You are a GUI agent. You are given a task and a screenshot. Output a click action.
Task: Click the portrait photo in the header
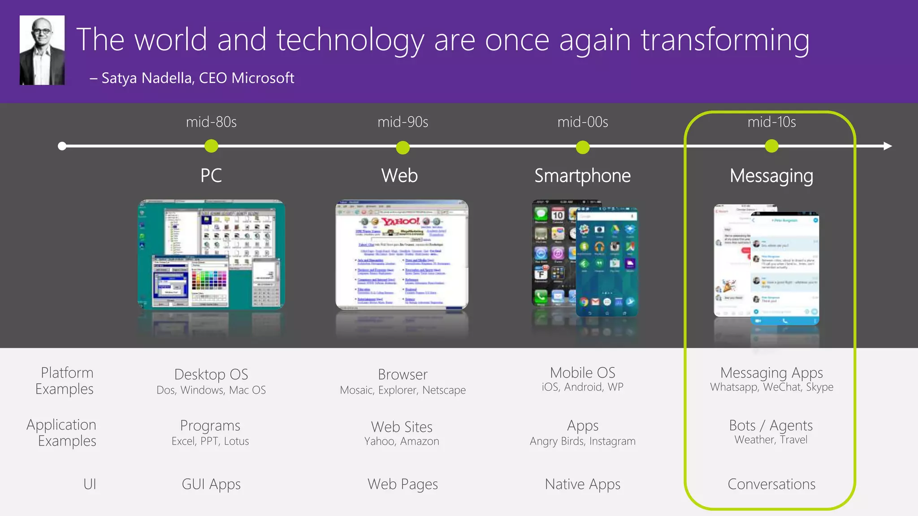coord(42,50)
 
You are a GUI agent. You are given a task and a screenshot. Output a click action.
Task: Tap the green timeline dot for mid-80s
coord(211,146)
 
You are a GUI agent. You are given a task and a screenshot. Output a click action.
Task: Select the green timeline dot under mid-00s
coord(583,147)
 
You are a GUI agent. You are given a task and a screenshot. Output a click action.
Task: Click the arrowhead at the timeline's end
coord(888,146)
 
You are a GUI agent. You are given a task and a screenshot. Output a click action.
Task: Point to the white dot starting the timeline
coord(62,146)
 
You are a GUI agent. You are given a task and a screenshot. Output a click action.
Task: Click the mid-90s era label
coord(403,122)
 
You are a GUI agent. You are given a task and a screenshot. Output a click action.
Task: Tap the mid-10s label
coord(771,122)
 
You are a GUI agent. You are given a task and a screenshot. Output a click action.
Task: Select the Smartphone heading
coord(582,176)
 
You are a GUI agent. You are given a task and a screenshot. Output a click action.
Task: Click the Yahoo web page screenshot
coord(402,254)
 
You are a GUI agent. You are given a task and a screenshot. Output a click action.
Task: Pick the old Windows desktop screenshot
coord(211,254)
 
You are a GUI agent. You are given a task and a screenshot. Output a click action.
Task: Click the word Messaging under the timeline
coord(771,176)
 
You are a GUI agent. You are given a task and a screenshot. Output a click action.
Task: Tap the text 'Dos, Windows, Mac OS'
coord(211,390)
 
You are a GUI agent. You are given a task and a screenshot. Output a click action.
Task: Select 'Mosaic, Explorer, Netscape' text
coord(403,390)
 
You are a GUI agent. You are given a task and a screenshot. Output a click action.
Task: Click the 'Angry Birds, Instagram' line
coord(582,441)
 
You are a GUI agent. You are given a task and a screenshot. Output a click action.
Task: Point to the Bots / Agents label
coord(771,425)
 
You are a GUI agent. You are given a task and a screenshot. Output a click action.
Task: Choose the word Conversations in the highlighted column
coord(771,484)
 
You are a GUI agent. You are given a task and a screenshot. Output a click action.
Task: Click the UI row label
coord(90,484)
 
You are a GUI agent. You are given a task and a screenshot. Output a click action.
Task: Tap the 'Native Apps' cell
coord(582,484)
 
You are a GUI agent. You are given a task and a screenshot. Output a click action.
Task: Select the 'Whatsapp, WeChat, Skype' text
coord(771,387)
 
